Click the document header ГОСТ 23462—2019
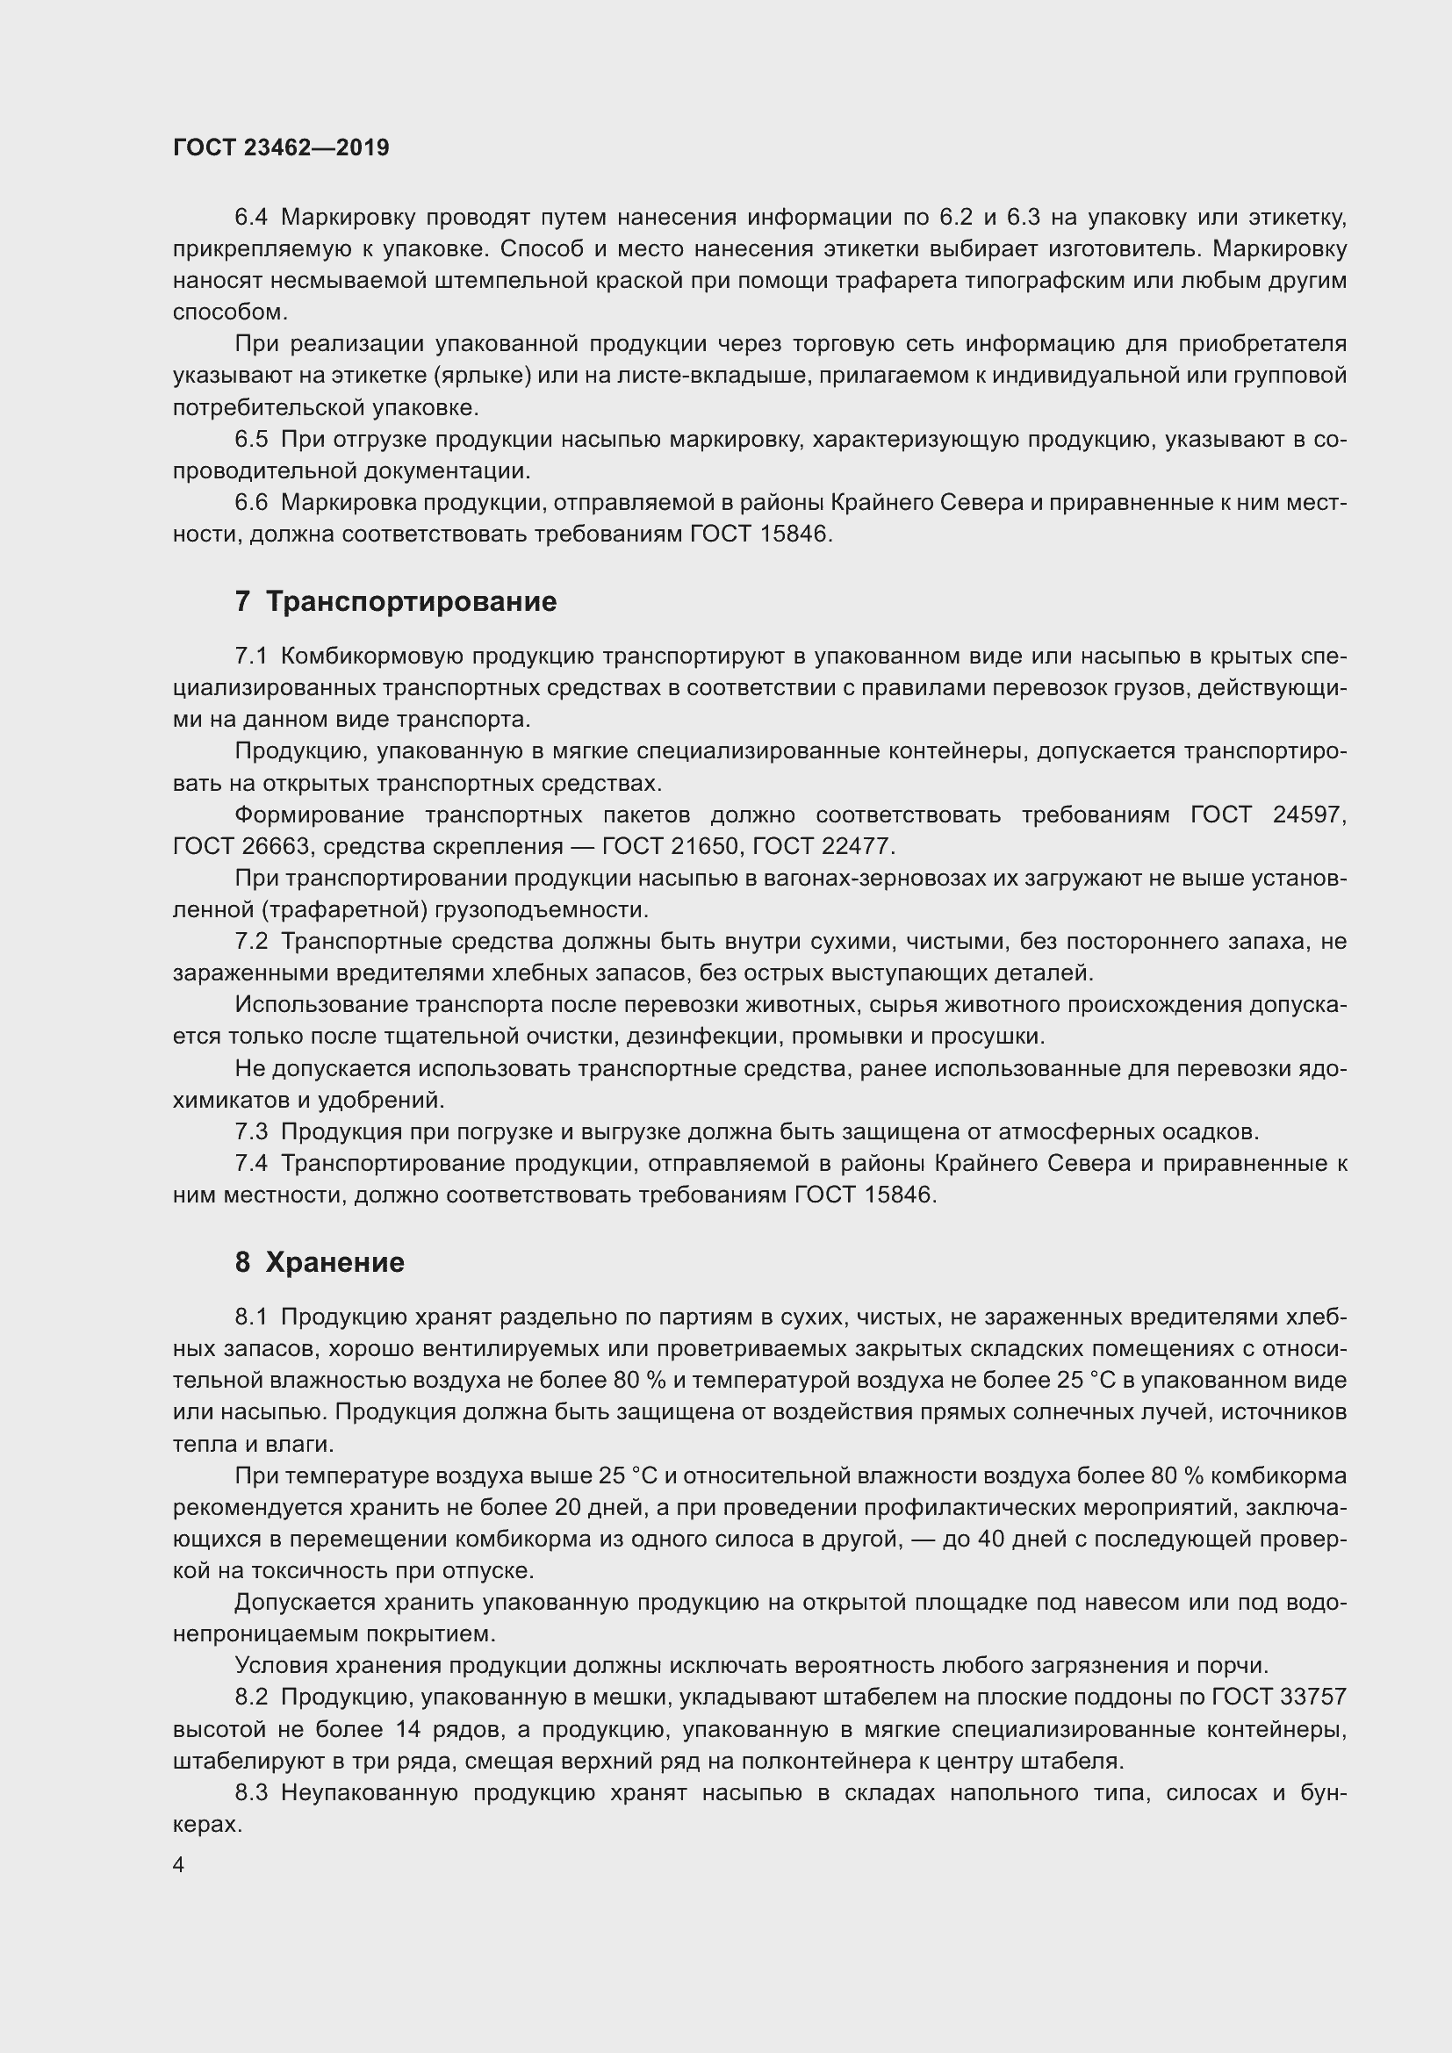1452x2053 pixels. pyautogui.click(x=281, y=147)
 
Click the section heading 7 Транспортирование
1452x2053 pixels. pyautogui.click(x=395, y=602)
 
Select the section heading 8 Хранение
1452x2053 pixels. pyautogui.click(x=320, y=1261)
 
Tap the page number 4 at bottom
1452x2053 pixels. pyautogui.click(x=179, y=1865)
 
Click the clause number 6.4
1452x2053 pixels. pyautogui.click(x=251, y=218)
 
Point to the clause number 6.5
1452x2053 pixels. pyautogui.click(x=251, y=439)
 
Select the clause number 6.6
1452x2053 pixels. pyautogui.click(x=251, y=503)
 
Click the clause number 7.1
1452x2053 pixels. pyautogui.click(x=251, y=657)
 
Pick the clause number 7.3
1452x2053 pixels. pyautogui.click(x=251, y=1132)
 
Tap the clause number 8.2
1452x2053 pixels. pyautogui.click(x=251, y=1698)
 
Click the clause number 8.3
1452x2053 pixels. pyautogui.click(x=251, y=1793)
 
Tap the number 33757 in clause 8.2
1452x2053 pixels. pyautogui.click(x=1313, y=1698)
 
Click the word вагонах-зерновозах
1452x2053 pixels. pyautogui.click(x=859, y=878)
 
